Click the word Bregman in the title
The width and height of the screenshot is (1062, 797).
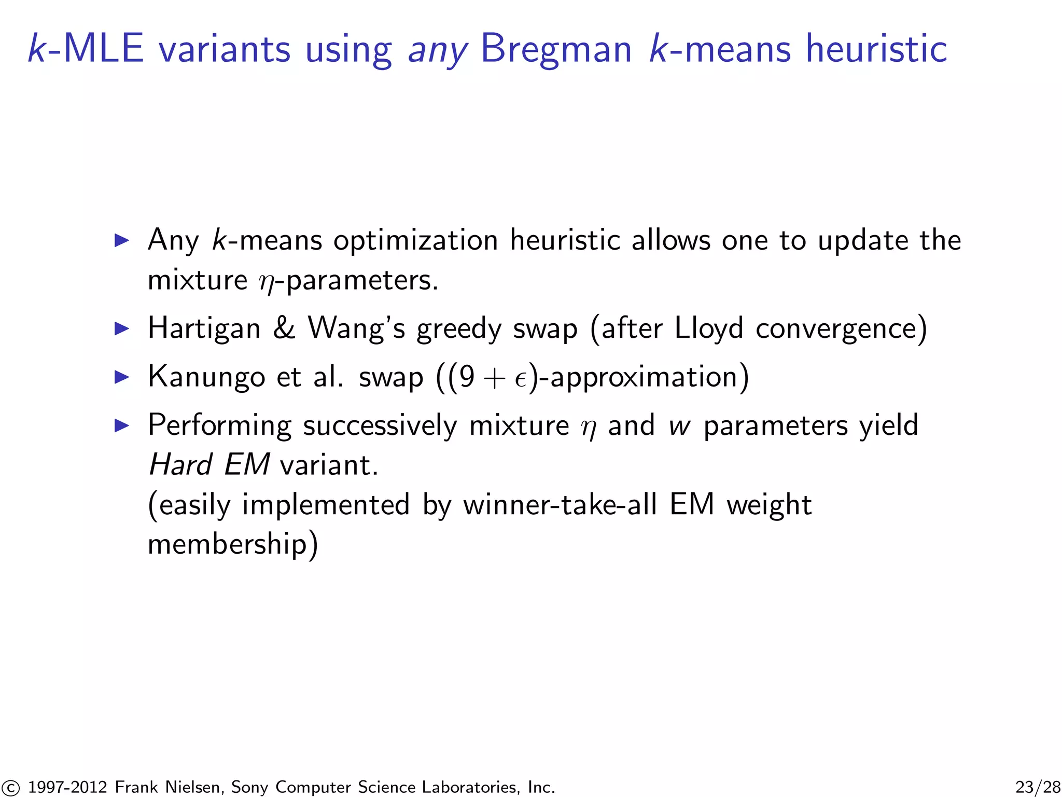coord(556,49)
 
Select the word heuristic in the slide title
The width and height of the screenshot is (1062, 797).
coord(876,49)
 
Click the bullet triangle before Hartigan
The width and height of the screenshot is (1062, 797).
coord(121,328)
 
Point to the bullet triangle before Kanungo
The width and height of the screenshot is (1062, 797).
coord(121,377)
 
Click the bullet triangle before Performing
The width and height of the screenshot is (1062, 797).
coord(121,425)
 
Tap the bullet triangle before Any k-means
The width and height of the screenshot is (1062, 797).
coord(121,240)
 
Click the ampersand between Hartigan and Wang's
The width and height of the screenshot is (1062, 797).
coord(284,328)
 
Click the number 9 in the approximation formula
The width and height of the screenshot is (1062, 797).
coord(466,377)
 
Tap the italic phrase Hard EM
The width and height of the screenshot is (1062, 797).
coord(209,464)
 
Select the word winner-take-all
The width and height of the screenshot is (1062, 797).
coord(560,504)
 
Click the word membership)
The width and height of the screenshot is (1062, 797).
coord(232,545)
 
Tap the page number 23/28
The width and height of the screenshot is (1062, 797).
coord(1038,787)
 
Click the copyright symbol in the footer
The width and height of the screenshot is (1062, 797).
coord(10,788)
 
